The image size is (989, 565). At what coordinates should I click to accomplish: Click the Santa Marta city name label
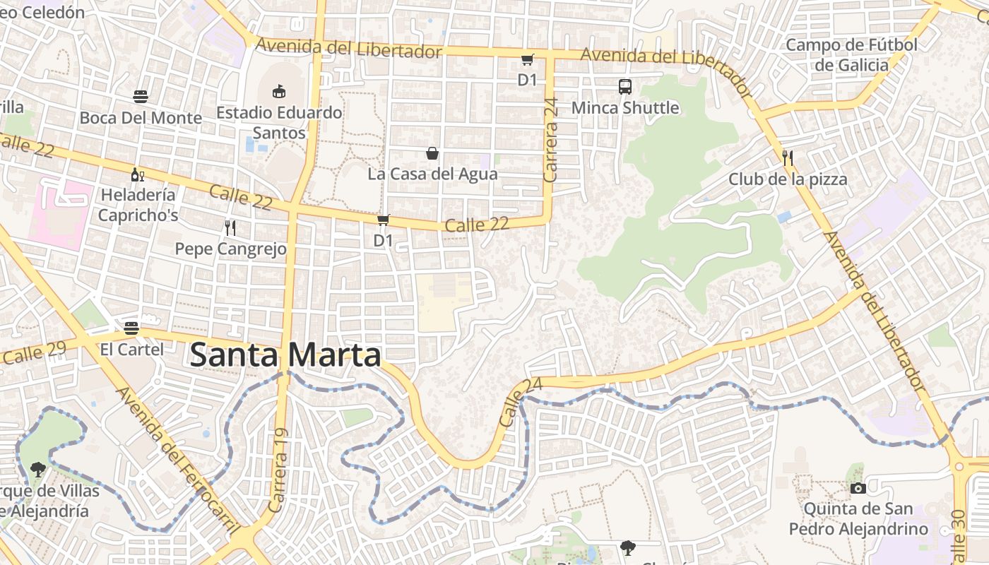coord(285,355)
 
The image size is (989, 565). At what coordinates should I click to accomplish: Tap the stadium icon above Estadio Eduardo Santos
coord(279,91)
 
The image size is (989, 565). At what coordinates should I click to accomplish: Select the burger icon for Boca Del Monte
coord(141,97)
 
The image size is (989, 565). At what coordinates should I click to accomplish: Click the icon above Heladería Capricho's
coord(137,174)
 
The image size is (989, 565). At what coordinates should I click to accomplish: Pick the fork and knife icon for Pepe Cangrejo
coord(230,227)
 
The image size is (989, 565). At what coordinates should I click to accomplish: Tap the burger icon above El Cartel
coord(131,328)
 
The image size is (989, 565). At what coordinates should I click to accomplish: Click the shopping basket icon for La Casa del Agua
coord(432,153)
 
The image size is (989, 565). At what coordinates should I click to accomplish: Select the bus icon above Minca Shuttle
coord(625,87)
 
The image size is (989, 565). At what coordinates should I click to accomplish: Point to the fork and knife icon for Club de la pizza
coord(788,158)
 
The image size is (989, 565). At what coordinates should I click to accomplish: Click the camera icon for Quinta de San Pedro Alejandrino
coord(858,488)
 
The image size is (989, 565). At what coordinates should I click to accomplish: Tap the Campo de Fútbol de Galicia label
coord(851,55)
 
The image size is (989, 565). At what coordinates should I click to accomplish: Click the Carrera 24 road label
coord(552,140)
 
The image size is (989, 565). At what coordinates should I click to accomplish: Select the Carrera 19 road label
coord(278,470)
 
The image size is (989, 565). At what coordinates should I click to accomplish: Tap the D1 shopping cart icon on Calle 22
coord(383,220)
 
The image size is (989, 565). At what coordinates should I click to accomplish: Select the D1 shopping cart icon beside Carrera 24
coord(527,59)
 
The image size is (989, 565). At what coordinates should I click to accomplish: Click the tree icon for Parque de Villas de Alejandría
coord(37,469)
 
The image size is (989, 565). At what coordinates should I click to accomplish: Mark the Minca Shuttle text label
coord(625,108)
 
